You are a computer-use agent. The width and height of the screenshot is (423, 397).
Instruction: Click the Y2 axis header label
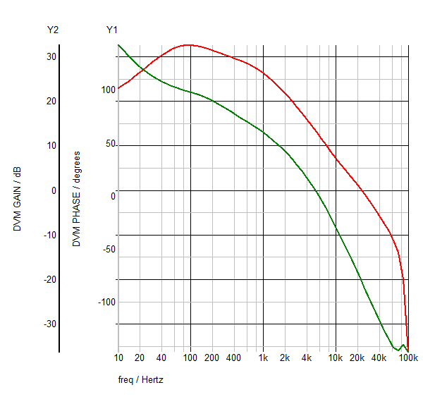(52, 30)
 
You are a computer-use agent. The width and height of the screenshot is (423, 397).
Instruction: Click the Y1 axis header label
(111, 30)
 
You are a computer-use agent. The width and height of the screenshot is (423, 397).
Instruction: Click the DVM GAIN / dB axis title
(18, 200)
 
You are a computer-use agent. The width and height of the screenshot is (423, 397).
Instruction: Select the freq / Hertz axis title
(141, 379)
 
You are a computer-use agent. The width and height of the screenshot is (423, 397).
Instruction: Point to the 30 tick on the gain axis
(51, 56)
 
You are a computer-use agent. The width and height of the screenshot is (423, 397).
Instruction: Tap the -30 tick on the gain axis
(49, 324)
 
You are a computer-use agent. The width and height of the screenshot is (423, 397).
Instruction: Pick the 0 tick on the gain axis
(53, 190)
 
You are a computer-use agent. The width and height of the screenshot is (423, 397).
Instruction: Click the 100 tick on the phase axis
(108, 90)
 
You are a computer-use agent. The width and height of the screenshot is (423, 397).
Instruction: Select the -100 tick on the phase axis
(106, 302)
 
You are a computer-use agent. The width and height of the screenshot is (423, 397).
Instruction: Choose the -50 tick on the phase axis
(108, 249)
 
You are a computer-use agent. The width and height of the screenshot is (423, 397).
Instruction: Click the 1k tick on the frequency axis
(263, 358)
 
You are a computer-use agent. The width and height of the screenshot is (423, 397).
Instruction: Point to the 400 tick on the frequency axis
(234, 358)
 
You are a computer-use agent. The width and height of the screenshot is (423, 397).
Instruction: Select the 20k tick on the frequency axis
(357, 358)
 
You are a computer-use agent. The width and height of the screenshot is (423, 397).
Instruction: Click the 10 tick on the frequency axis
(118, 358)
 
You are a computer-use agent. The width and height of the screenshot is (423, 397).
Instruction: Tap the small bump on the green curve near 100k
(403, 345)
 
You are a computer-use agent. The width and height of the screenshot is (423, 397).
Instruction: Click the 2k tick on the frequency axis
(285, 358)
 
